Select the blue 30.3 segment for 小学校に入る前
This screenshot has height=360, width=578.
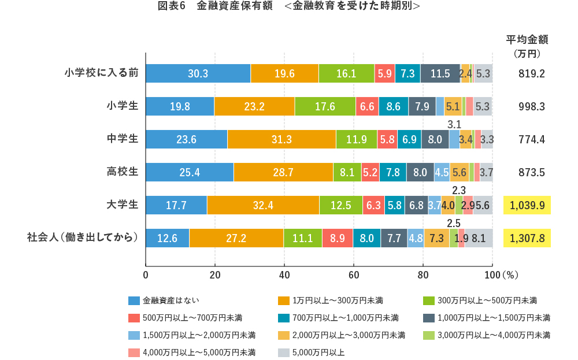point(198,74)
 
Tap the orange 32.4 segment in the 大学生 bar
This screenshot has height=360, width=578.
point(262,205)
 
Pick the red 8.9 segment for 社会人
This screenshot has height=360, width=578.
point(337,238)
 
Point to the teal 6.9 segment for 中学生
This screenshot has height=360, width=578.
point(409,139)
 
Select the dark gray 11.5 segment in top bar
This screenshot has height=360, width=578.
point(440,74)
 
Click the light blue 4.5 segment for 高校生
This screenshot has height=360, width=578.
point(442,172)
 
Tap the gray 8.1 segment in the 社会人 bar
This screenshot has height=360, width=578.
point(479,238)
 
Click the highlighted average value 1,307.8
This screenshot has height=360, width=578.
point(527,237)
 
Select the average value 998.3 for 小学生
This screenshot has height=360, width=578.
point(527,106)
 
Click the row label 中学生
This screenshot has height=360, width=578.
point(123,139)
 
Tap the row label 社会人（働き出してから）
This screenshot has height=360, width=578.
point(83,237)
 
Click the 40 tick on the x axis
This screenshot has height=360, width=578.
point(284,274)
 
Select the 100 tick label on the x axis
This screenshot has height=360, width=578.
point(492,274)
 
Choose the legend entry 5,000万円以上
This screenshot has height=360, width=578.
point(318,352)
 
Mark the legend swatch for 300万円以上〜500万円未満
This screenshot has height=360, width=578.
point(428,300)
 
